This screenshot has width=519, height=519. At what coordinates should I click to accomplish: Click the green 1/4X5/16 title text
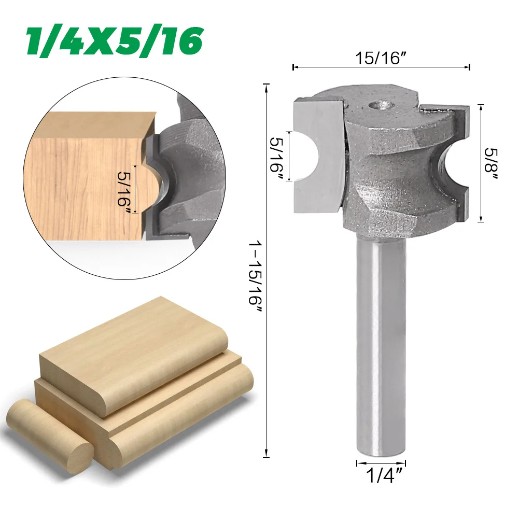[114, 41]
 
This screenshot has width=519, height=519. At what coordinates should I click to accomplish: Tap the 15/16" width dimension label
[381, 58]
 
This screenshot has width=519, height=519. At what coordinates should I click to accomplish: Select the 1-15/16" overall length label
[255, 277]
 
